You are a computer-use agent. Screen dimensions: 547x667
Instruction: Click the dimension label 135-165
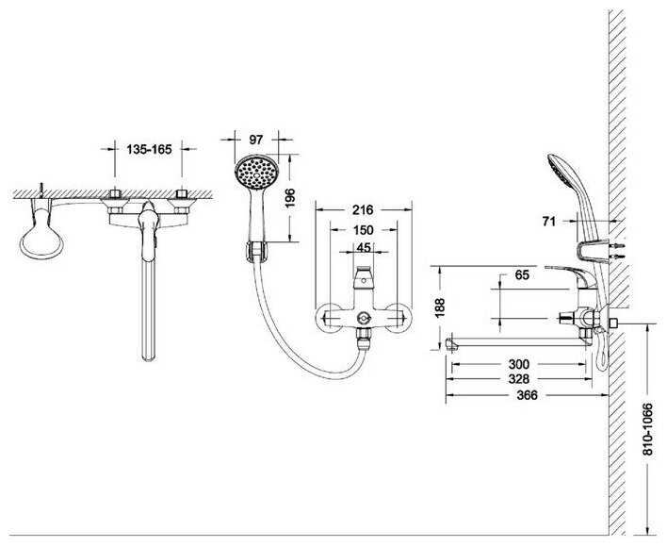coord(148,148)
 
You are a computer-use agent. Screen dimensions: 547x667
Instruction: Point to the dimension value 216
coord(363,209)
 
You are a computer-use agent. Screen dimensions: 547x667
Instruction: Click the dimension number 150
coord(363,230)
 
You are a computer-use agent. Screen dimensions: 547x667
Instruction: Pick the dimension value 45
coord(363,249)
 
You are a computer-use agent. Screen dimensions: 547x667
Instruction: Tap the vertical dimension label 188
coord(437,307)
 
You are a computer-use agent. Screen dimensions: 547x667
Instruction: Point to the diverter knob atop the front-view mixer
coord(363,280)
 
